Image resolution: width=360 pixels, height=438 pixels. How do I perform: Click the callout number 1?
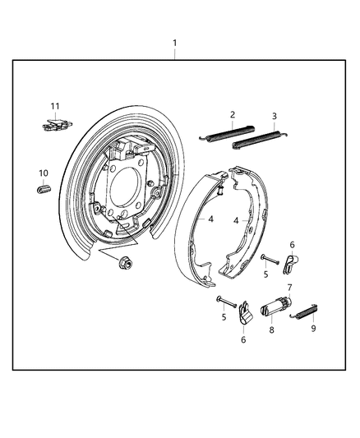coord(173,42)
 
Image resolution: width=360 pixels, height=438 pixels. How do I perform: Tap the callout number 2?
coord(233,115)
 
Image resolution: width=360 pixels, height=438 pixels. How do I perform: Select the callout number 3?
coord(274,116)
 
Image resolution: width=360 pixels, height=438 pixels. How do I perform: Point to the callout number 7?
coord(288,287)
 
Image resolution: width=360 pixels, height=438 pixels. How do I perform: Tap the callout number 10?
coord(44,173)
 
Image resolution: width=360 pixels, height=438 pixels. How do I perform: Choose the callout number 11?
coord(55,107)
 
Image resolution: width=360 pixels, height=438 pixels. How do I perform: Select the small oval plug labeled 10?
coord(44,191)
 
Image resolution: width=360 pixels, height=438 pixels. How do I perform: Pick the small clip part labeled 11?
coord(53,124)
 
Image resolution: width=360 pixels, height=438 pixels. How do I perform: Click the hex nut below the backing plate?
coord(127,263)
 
